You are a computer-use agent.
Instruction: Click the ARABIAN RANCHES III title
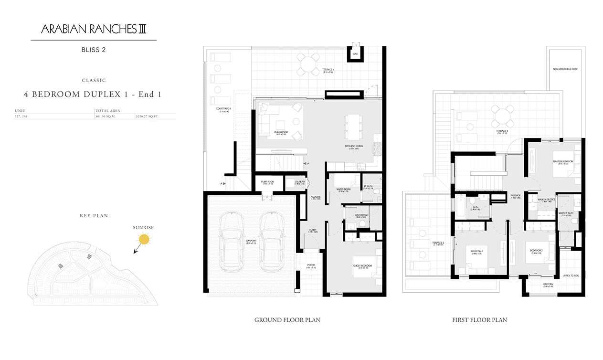[x=94, y=29]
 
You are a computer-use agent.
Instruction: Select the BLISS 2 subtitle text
[x=94, y=49]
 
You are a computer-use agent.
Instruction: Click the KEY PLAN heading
[x=94, y=216]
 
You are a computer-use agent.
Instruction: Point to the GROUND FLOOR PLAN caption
[x=287, y=320]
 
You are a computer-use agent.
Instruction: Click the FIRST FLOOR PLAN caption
[x=479, y=320]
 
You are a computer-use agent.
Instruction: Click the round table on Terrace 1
[x=308, y=64]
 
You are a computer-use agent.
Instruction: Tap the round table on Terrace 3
[x=503, y=116]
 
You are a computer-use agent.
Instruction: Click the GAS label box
[x=355, y=54]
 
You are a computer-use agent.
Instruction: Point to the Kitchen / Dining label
[x=354, y=147]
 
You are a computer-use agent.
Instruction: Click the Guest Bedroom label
[x=362, y=266]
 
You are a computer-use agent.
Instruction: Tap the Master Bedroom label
[x=563, y=162]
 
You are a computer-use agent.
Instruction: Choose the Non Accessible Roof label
[x=565, y=69]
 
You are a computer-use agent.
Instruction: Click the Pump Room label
[x=267, y=182]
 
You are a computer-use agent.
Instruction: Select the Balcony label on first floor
[x=548, y=285]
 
